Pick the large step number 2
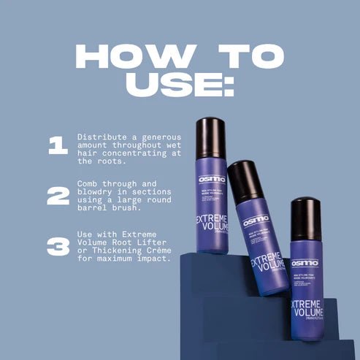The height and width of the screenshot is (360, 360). pyautogui.click(x=58, y=196)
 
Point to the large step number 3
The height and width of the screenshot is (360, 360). pyautogui.click(x=58, y=246)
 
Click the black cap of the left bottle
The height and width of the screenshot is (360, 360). pyautogui.click(x=210, y=137)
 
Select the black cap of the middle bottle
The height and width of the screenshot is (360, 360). pyautogui.click(x=246, y=180)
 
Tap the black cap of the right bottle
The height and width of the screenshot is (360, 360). pyautogui.click(x=305, y=218)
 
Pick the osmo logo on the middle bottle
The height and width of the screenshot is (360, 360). pyautogui.click(x=256, y=219)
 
